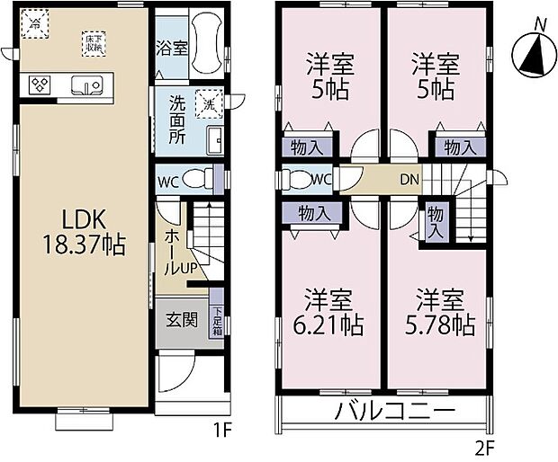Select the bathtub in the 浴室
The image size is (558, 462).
[203, 47]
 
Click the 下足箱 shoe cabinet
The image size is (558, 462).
[217, 321]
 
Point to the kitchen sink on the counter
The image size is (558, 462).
[89, 87]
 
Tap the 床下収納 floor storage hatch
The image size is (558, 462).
[93, 42]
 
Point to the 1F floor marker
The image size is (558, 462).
[222, 431]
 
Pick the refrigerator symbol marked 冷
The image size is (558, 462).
[34, 24]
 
